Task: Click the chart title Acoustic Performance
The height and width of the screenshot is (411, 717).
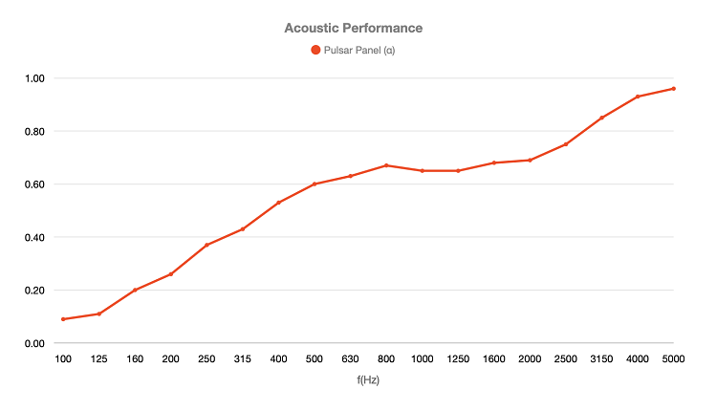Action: [x=353, y=28]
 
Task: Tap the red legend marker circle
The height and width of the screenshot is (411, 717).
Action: [x=315, y=51]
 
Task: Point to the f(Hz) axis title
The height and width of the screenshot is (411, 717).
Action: [x=368, y=379]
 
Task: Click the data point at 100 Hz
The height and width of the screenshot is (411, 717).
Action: [x=63, y=319]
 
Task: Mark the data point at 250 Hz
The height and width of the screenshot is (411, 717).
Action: [x=206, y=245]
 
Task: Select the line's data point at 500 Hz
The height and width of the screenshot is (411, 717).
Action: [x=315, y=184]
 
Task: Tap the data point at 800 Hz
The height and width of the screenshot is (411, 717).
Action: [x=386, y=165]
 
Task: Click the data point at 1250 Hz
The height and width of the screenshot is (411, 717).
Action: [x=458, y=170]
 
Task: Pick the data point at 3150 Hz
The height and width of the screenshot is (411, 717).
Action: [x=602, y=118]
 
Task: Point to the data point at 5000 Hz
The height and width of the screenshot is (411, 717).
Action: [x=674, y=89]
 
